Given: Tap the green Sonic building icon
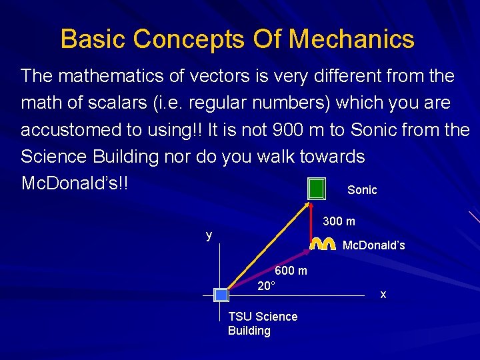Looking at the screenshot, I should coord(317,189).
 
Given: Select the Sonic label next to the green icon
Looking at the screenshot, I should coord(362,190).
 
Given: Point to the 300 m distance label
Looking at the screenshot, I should coord(339,221).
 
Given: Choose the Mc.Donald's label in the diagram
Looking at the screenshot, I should coord(373,246).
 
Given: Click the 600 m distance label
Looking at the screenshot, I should coord(291,271).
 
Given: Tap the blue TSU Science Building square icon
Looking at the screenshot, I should coord(221,295).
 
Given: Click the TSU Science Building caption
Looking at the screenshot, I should coord(262,323).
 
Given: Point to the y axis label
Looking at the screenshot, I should coord(209,235).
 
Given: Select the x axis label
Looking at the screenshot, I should coord(383,293).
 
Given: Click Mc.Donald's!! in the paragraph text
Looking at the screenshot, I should coord(74,183).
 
